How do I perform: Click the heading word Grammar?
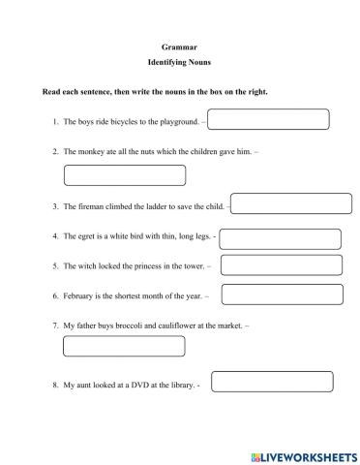point(179,46)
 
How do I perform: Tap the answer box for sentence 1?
point(269,120)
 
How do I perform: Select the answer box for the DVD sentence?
point(271,382)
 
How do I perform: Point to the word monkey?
point(93,152)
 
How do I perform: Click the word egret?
point(85,235)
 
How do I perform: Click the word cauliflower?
point(179,326)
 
